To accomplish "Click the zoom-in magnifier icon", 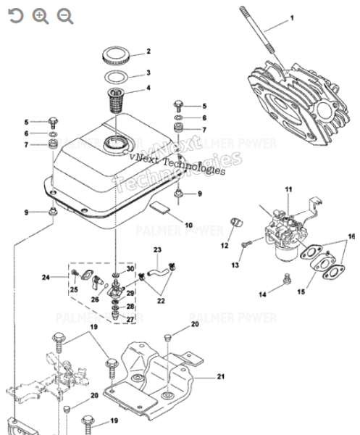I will pyautogui.click(x=41, y=16).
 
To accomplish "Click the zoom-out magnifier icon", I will pyautogui.click(x=65, y=16).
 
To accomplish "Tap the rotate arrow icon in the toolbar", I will pyautogui.click(x=15, y=16).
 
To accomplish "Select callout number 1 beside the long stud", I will pyautogui.click(x=293, y=17).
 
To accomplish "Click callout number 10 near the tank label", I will pyautogui.click(x=188, y=225).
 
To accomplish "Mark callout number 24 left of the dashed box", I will pyautogui.click(x=45, y=277).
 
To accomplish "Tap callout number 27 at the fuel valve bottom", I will pyautogui.click(x=130, y=319).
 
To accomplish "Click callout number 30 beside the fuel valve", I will pyautogui.click(x=130, y=269).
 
